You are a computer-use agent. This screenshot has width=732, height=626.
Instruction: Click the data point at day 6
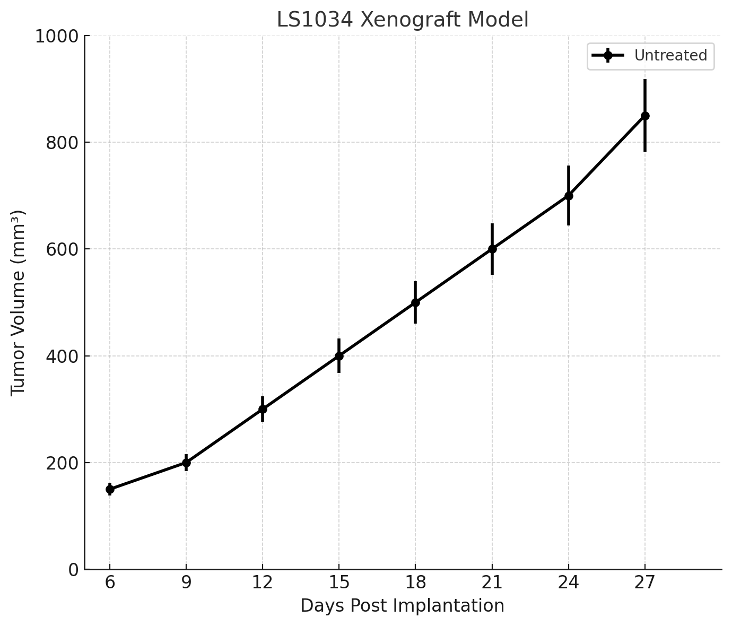tap(110, 489)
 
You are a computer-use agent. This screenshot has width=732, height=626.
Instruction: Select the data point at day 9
tap(186, 463)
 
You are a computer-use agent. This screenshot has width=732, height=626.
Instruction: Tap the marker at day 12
tap(263, 409)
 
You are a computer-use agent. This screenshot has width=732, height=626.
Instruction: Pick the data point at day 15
tap(339, 356)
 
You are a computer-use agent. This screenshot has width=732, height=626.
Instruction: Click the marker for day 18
tap(415, 302)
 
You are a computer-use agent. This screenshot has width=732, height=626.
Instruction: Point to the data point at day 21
tap(492, 249)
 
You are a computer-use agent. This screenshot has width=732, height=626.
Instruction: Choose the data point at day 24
tap(569, 196)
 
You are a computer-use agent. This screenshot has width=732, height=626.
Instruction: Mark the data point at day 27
tap(645, 116)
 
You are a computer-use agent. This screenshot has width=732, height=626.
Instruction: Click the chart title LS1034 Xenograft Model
tap(403, 20)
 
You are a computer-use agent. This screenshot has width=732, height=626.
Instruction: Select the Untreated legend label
tap(670, 56)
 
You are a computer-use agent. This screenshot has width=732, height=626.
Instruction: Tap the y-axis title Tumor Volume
tap(19, 302)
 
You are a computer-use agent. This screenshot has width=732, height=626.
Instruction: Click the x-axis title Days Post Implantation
tap(403, 606)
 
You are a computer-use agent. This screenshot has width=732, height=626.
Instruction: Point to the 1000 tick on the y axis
tap(56, 37)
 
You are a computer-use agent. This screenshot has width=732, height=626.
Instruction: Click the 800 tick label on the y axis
tap(61, 143)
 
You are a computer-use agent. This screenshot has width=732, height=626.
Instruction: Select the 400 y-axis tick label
tap(61, 357)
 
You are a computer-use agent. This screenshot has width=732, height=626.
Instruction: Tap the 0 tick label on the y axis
tap(74, 570)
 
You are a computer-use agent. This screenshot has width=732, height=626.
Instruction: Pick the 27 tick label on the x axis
tap(645, 583)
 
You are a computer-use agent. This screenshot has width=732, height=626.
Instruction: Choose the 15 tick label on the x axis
tap(339, 583)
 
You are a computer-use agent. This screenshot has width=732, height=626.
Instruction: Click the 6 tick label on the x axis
tap(110, 583)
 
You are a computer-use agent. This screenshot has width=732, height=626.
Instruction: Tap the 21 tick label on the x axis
tap(492, 583)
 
